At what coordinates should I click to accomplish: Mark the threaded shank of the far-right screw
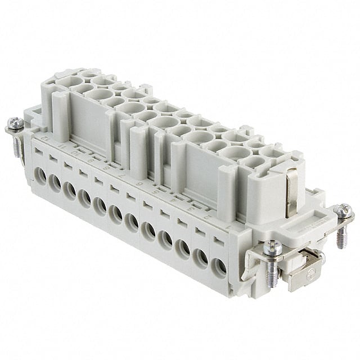[340, 236]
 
